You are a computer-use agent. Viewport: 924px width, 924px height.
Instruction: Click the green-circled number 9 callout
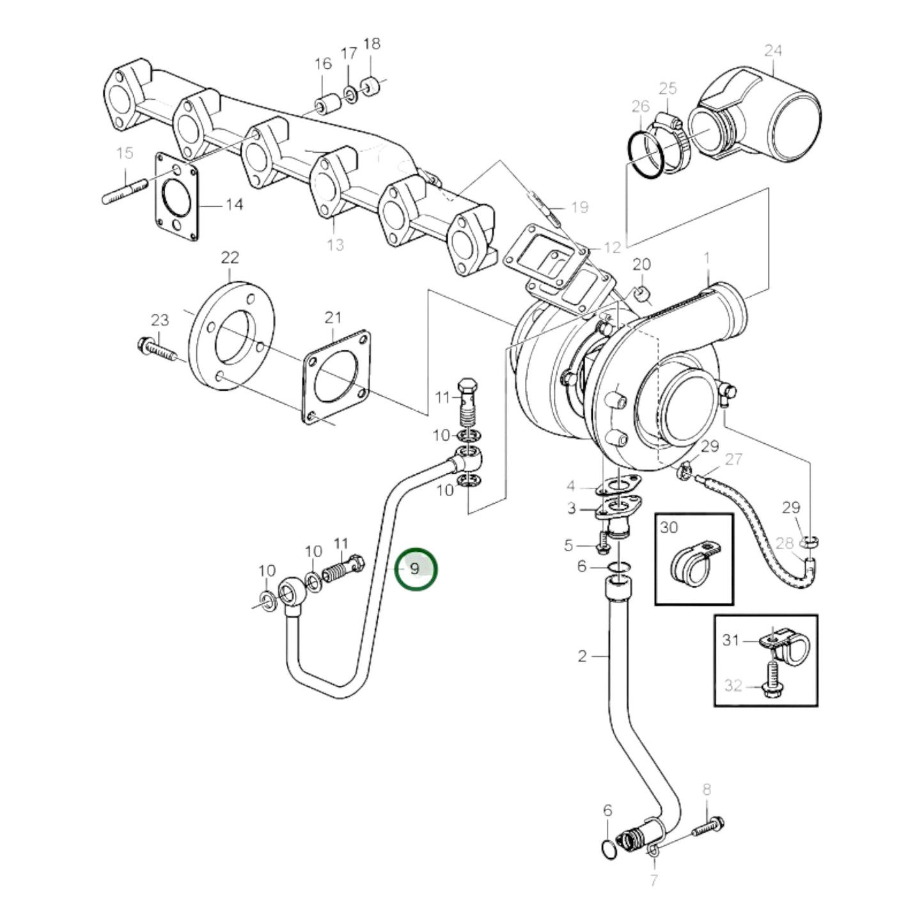[415, 568]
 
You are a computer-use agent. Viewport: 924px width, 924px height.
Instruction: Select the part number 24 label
[773, 51]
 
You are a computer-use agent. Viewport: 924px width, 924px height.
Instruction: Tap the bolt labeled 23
[155, 350]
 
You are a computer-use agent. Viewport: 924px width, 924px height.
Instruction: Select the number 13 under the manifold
[335, 244]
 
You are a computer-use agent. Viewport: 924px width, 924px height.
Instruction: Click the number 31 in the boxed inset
[730, 639]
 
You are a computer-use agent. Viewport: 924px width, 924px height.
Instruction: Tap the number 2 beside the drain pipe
[582, 656]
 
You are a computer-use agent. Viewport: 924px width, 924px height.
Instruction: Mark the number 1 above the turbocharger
[707, 258]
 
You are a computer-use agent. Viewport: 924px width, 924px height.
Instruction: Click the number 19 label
[579, 207]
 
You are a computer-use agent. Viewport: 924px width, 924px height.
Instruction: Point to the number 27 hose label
[733, 459]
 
